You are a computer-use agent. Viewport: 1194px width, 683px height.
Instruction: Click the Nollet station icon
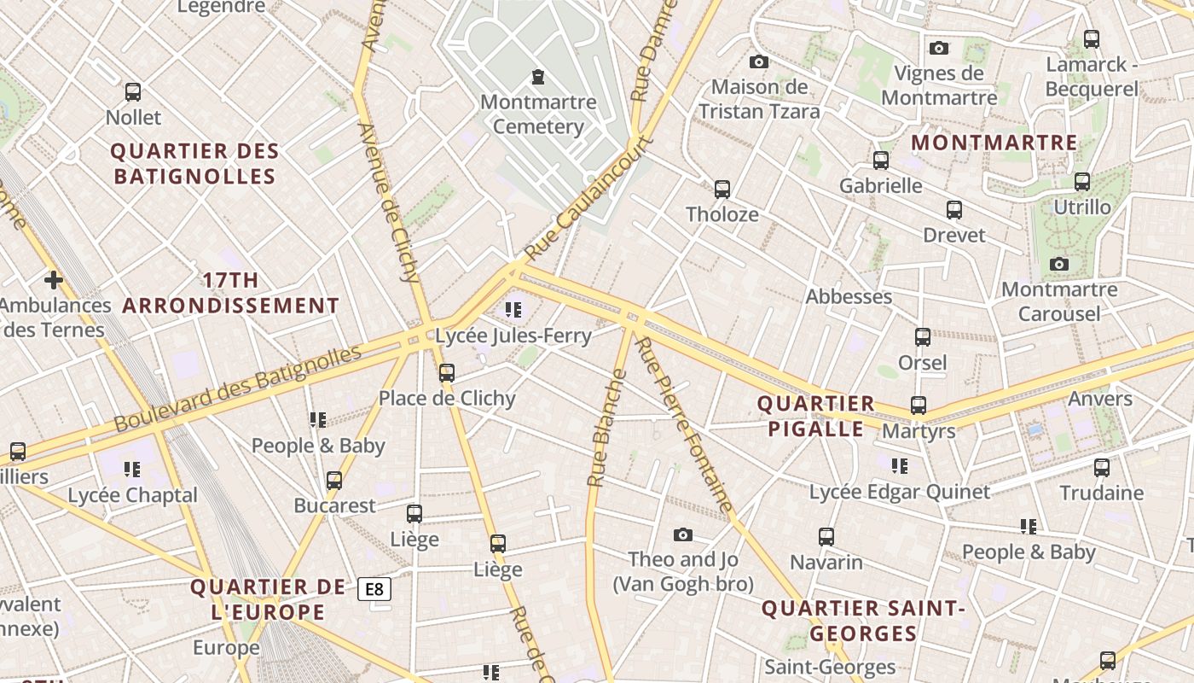tap(133, 92)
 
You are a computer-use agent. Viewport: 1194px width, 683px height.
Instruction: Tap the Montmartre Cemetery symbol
tap(538, 78)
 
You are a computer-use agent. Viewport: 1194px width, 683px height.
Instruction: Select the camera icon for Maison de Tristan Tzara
tap(758, 61)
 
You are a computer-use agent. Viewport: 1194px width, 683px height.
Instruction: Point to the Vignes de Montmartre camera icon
tap(939, 48)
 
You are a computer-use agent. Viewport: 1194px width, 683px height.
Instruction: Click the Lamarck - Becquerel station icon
tap(1091, 38)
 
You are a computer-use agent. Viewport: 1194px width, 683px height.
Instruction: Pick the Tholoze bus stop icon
tap(722, 189)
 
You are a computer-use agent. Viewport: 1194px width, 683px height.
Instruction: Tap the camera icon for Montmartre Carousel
tap(1059, 265)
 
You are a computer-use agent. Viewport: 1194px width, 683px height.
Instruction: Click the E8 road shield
tap(374, 589)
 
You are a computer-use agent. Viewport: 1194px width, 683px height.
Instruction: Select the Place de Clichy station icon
tap(447, 373)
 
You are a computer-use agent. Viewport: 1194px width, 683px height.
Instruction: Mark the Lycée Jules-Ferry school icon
tap(513, 310)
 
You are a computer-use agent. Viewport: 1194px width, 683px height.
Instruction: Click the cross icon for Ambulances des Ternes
tap(54, 279)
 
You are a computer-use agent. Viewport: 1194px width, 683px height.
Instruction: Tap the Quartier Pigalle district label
tap(816, 416)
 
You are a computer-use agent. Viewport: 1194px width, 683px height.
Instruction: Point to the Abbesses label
tap(849, 296)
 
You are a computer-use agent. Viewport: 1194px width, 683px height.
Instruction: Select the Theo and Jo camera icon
tap(682, 535)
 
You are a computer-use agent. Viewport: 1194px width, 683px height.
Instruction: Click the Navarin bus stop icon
tap(826, 537)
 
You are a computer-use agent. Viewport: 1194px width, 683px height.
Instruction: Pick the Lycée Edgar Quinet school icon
tap(900, 466)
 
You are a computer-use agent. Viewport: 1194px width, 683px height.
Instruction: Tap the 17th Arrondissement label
tap(231, 293)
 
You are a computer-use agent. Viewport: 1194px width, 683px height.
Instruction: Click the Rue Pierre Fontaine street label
tap(685, 424)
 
